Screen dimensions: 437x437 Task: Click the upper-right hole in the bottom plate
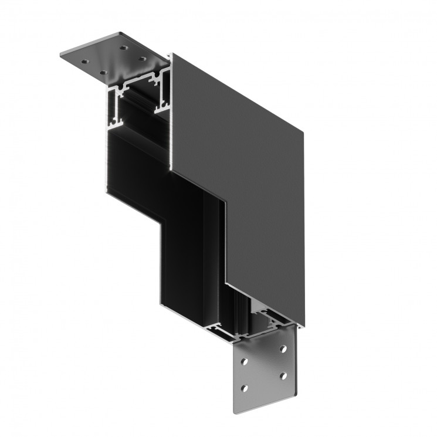283,349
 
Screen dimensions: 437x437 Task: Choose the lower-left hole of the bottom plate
248,387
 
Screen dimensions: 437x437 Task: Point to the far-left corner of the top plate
62,56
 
